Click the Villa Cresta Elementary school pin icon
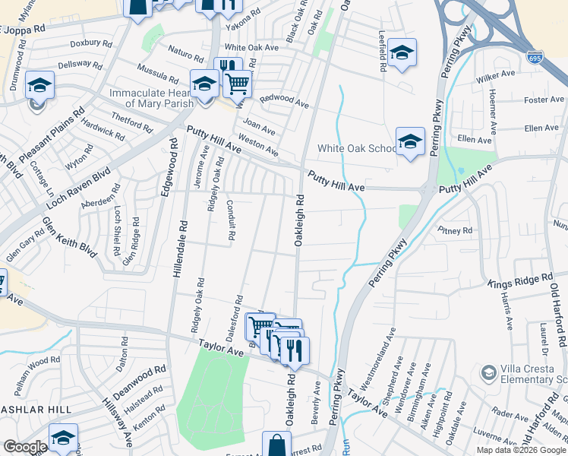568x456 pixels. (x=488, y=372)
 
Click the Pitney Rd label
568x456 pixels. (x=456, y=230)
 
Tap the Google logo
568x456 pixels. (x=25, y=447)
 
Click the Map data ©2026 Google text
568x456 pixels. (x=520, y=450)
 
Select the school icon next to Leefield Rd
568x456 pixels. (x=402, y=52)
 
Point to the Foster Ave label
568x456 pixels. (x=544, y=100)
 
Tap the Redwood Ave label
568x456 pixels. (x=284, y=100)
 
